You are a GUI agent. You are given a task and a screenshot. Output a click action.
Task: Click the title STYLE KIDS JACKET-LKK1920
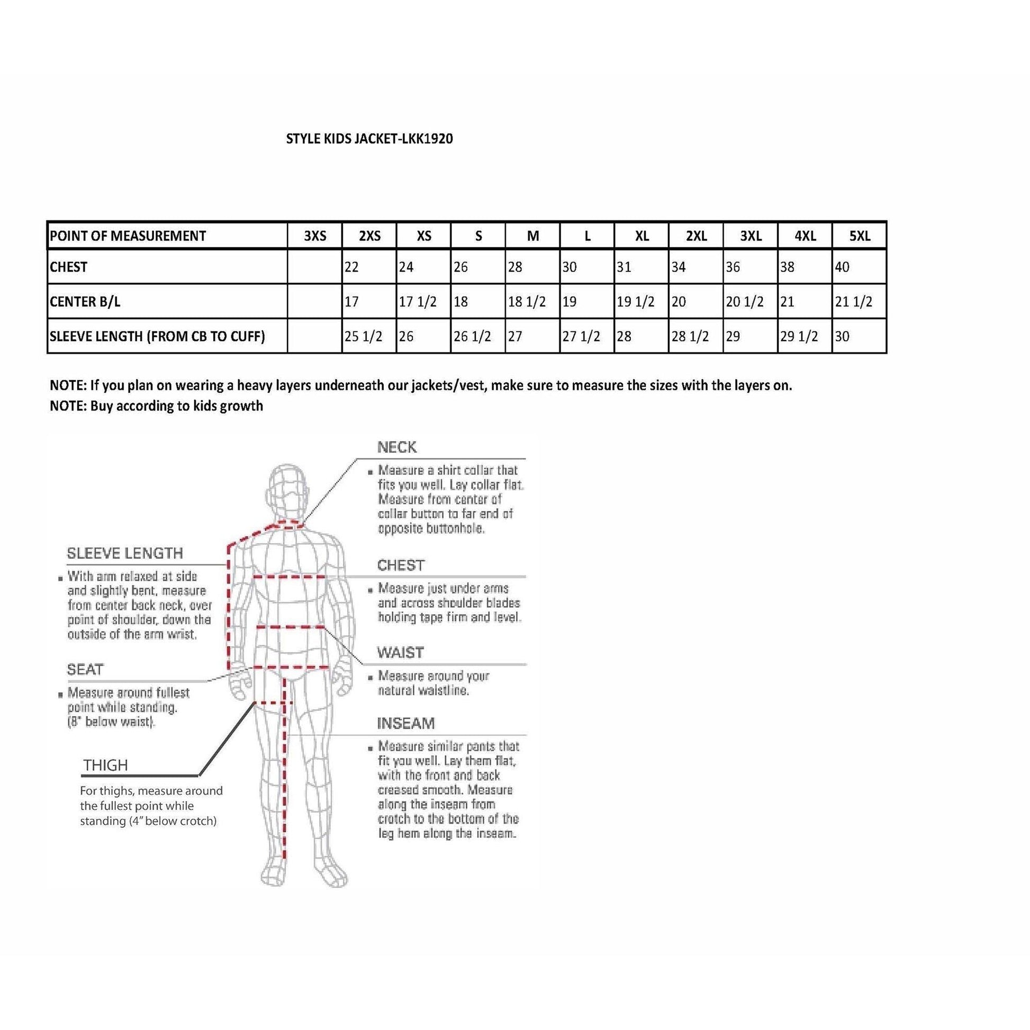[369, 139]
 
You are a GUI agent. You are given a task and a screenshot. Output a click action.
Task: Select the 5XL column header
[860, 236]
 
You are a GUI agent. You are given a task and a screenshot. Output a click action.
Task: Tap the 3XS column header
[315, 236]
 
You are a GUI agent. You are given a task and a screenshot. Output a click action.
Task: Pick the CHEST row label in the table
[69, 267]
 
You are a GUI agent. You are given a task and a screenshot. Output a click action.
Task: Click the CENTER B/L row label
[85, 302]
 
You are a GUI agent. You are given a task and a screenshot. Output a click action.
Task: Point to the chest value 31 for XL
[624, 267]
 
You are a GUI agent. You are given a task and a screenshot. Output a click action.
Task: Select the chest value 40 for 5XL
[842, 267]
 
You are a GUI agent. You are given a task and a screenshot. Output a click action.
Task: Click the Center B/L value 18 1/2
[527, 302]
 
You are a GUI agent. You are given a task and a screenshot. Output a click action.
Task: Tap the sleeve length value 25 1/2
[363, 337]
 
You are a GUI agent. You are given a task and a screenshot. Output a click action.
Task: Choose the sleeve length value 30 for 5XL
[842, 337]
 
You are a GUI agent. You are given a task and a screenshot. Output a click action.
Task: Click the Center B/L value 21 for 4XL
[787, 302]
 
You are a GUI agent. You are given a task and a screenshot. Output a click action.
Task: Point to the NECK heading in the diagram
[396, 447]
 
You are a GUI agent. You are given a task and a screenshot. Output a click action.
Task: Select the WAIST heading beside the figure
[400, 653]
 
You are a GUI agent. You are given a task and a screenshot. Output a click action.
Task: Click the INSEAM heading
[406, 724]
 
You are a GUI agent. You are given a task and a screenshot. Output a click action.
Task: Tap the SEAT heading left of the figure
[85, 669]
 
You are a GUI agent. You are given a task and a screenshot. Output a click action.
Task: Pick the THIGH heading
[105, 765]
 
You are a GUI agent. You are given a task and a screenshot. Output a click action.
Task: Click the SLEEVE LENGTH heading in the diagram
[125, 554]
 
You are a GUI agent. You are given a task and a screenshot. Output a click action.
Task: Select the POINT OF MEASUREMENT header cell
[128, 236]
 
